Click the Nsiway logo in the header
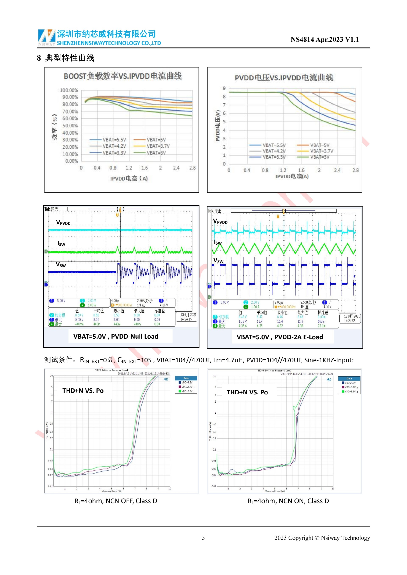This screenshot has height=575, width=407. click(47, 37)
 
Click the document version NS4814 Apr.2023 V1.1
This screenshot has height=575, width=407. click(325, 40)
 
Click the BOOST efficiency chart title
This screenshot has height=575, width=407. click(123, 76)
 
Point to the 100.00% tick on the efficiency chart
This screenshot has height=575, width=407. click(69, 90)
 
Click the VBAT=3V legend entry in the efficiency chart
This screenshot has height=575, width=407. click(156, 153)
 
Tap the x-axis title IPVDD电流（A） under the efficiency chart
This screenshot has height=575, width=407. click(129, 178)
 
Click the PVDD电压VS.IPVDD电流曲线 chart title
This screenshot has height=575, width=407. click(284, 78)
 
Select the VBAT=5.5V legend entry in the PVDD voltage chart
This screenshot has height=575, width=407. click(274, 145)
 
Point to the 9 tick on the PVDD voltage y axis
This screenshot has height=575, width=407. click(224, 88)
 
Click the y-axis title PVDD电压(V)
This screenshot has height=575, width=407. click(218, 126)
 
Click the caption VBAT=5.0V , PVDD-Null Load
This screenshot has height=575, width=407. click(116, 336)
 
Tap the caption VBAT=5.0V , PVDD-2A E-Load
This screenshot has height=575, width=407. click(280, 337)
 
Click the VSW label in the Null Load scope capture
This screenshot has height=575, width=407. click(61, 265)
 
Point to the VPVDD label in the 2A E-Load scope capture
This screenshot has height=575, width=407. click(220, 221)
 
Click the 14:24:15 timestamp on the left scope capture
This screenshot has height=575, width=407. click(186, 319)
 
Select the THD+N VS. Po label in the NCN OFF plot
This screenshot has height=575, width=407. click(83, 391)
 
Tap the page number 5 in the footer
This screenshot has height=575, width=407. click(203, 538)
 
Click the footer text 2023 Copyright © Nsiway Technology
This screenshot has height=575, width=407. click(322, 538)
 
